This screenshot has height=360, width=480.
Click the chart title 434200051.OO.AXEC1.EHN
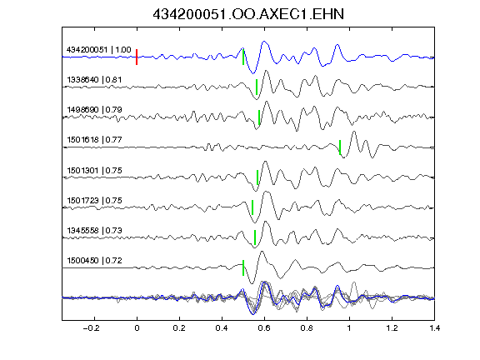(248, 14)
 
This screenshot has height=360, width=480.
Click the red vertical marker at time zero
(137, 57)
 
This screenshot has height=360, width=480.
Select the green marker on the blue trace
(243, 57)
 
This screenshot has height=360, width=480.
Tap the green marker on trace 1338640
(257, 87)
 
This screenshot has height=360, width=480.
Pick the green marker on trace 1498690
(259, 117)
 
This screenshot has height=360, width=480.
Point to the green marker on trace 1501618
(340, 147)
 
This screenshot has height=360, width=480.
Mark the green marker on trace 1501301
(257, 177)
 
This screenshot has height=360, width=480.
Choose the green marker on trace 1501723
(252, 207)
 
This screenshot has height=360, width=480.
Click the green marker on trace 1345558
(255, 237)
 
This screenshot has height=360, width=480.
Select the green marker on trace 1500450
(243, 267)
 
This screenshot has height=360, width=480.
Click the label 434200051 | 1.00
(99, 50)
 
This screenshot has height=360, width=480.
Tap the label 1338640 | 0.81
(94, 80)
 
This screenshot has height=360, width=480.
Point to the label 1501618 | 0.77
(94, 140)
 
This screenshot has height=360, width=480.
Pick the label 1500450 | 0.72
(94, 261)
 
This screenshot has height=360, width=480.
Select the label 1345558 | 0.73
(94, 230)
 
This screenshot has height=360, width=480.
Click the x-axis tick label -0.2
(92, 328)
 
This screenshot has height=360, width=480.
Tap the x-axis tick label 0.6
(264, 328)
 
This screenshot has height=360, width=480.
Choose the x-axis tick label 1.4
(435, 328)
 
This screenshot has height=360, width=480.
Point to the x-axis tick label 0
(137, 328)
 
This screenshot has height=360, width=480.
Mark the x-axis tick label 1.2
(392, 328)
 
